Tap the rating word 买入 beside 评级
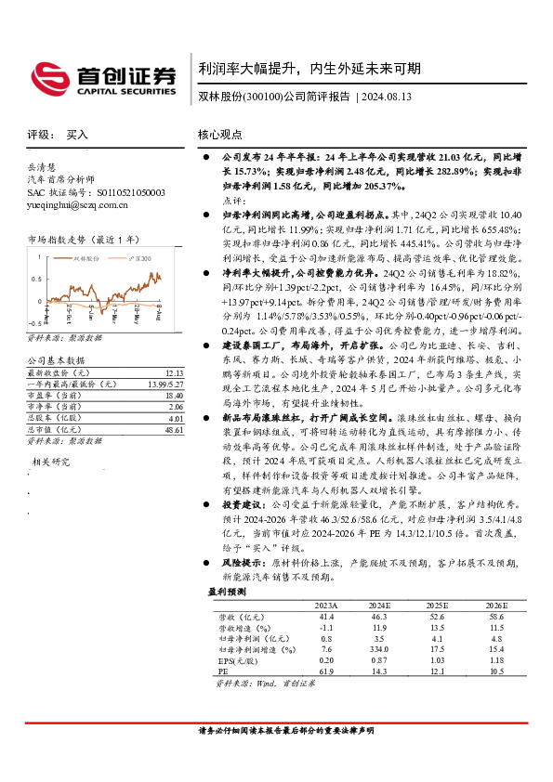(x=77, y=135)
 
